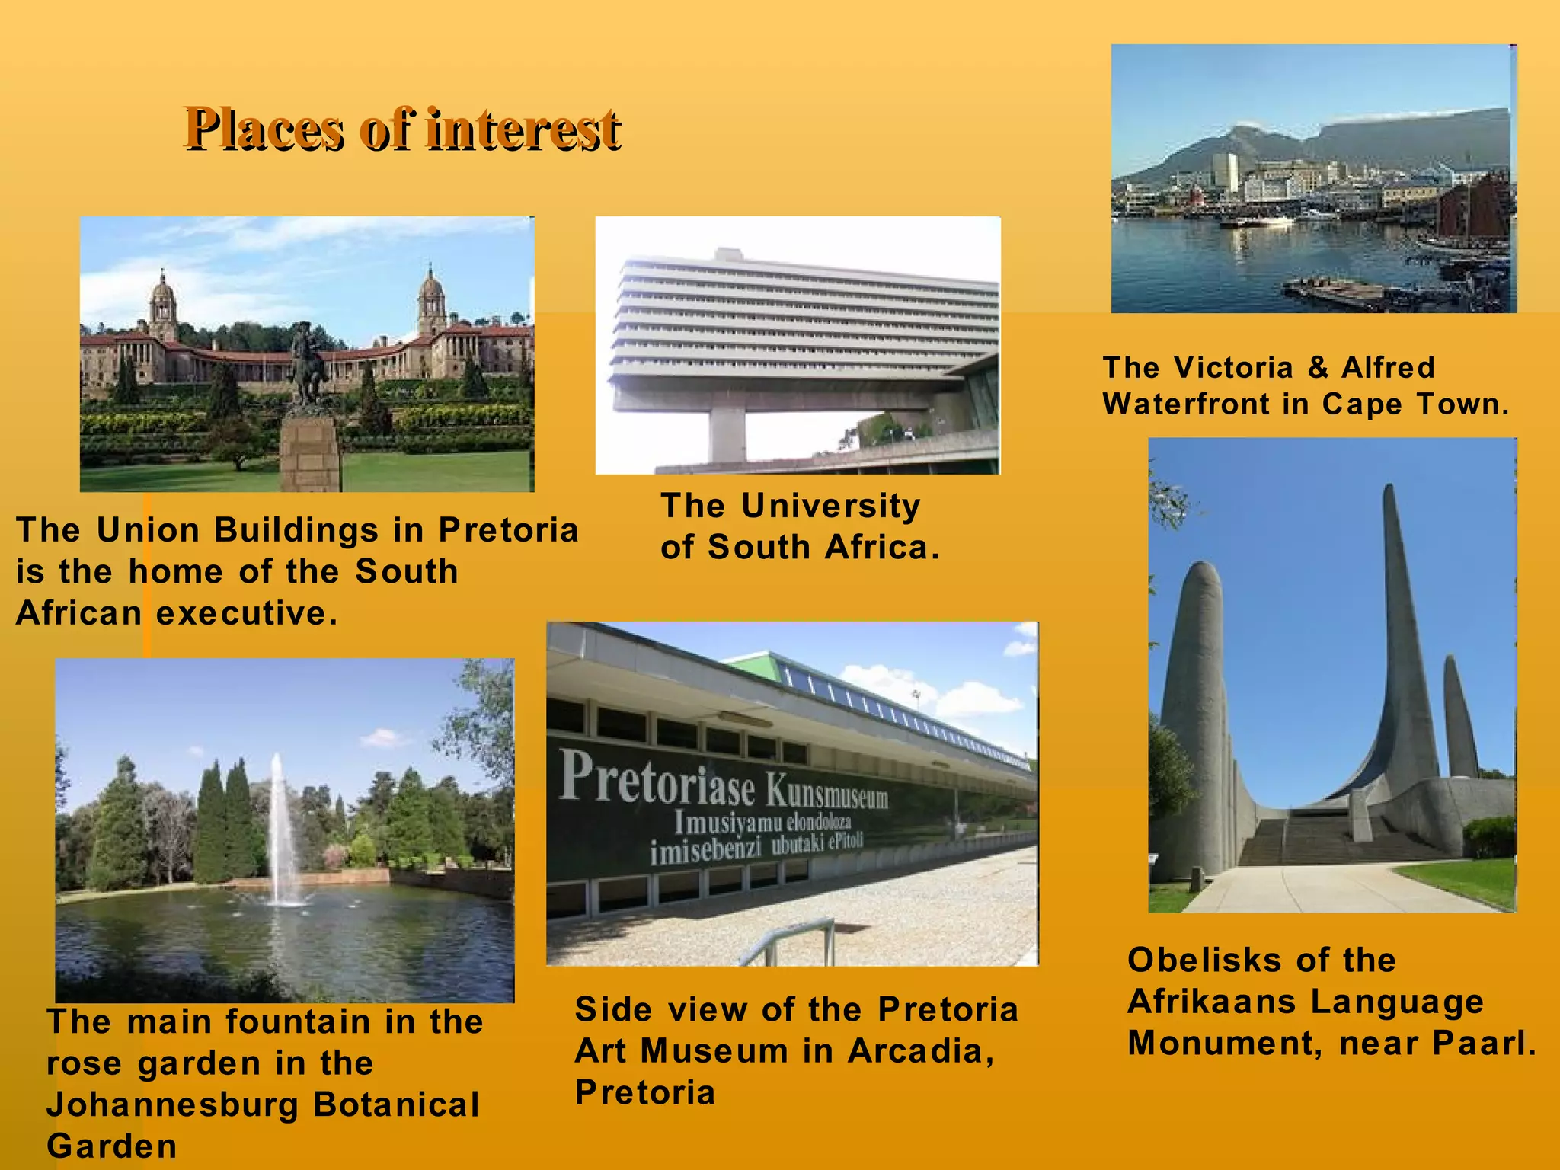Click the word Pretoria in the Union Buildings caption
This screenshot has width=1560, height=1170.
pyautogui.click(x=508, y=530)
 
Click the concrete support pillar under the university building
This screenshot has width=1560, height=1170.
pyautogui.click(x=727, y=434)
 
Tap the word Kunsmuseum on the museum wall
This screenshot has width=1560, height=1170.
pyautogui.click(x=827, y=793)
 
